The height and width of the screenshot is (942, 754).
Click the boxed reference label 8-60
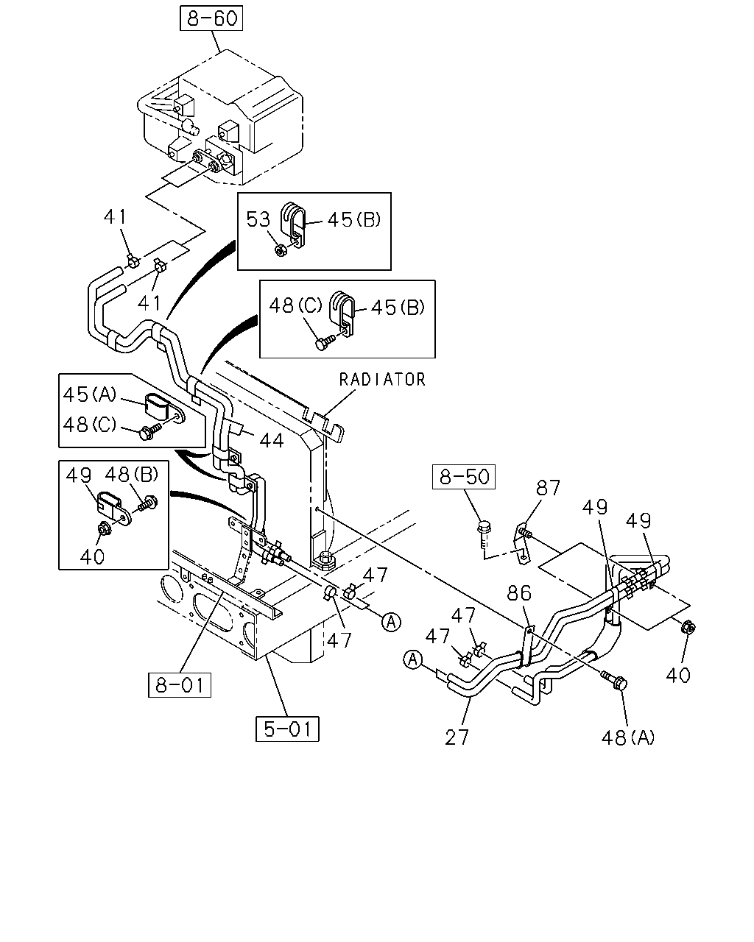(x=211, y=18)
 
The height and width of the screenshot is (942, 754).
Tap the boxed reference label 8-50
(x=464, y=477)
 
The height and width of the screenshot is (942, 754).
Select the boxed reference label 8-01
(x=180, y=685)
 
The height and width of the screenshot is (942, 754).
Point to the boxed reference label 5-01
(x=287, y=729)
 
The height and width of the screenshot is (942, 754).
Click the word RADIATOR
(x=382, y=380)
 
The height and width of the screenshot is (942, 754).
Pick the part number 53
(x=258, y=219)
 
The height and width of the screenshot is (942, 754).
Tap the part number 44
(x=272, y=440)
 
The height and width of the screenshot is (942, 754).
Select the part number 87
(x=548, y=488)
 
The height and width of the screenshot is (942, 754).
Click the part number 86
(x=519, y=593)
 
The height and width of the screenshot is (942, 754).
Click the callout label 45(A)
(x=89, y=394)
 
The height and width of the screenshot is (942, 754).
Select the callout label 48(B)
(x=132, y=475)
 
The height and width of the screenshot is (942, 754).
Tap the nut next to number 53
(x=280, y=251)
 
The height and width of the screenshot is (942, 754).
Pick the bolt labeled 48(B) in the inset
(x=148, y=504)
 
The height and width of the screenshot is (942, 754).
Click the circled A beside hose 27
(x=412, y=659)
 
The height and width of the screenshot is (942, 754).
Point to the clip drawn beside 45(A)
(x=163, y=409)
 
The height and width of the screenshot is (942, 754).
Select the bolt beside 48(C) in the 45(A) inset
(x=150, y=431)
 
